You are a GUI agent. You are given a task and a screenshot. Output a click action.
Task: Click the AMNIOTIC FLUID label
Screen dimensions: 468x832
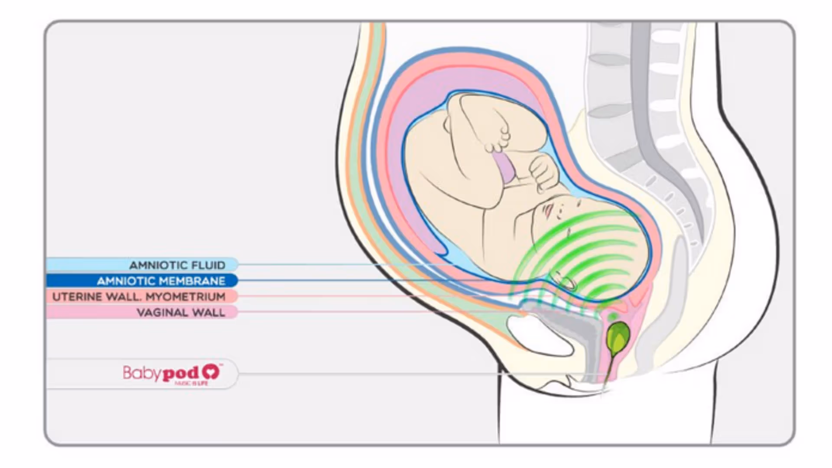point(177,265)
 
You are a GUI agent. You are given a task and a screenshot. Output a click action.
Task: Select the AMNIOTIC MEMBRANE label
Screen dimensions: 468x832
point(161,281)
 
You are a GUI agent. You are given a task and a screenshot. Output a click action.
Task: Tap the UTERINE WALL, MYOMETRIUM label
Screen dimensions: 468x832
point(139,297)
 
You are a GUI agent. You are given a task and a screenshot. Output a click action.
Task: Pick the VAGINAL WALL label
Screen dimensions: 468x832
point(181,312)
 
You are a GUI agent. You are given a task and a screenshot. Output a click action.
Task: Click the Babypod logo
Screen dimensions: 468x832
point(172,374)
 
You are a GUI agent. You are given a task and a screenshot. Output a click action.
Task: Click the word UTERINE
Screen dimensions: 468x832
point(77,297)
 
